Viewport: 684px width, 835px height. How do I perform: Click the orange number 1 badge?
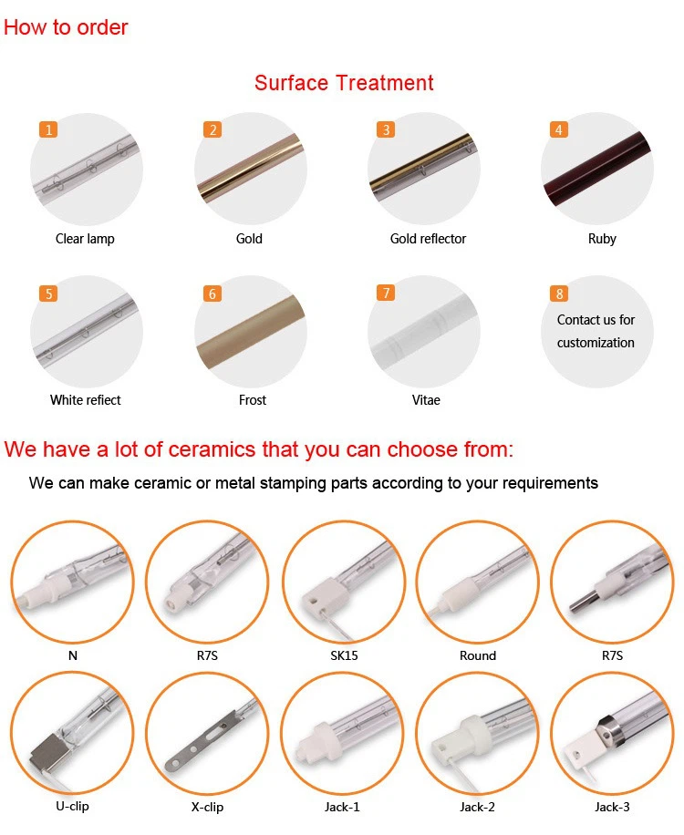pyautogui.click(x=48, y=130)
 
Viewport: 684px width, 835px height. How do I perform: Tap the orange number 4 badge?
pyautogui.click(x=559, y=129)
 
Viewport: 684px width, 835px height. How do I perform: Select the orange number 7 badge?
pyautogui.click(x=386, y=293)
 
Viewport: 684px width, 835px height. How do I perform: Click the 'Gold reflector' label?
pyautogui.click(x=428, y=239)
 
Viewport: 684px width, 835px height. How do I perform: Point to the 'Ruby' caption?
pyautogui.click(x=602, y=239)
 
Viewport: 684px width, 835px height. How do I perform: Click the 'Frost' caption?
pyautogui.click(x=252, y=400)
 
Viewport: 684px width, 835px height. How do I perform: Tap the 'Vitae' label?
pyautogui.click(x=426, y=400)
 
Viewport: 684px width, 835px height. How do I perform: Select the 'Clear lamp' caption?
pyautogui.click(x=85, y=239)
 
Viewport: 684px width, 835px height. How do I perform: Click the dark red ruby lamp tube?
pyautogui.click(x=596, y=170)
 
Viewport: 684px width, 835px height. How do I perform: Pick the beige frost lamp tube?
pyautogui.click(x=251, y=333)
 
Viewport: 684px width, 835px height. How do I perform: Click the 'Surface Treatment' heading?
pyautogui.click(x=344, y=83)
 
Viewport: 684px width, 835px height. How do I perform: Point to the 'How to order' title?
pyautogui.click(x=66, y=27)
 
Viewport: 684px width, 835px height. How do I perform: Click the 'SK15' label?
pyautogui.click(x=344, y=655)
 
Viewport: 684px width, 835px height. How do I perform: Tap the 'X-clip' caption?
pyautogui.click(x=207, y=807)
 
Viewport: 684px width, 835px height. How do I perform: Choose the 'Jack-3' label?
pyautogui.click(x=612, y=807)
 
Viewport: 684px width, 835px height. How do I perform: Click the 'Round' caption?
pyautogui.click(x=477, y=655)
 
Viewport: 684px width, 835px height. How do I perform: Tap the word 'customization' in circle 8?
pyautogui.click(x=596, y=343)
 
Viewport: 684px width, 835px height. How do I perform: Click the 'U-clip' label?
pyautogui.click(x=72, y=806)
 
